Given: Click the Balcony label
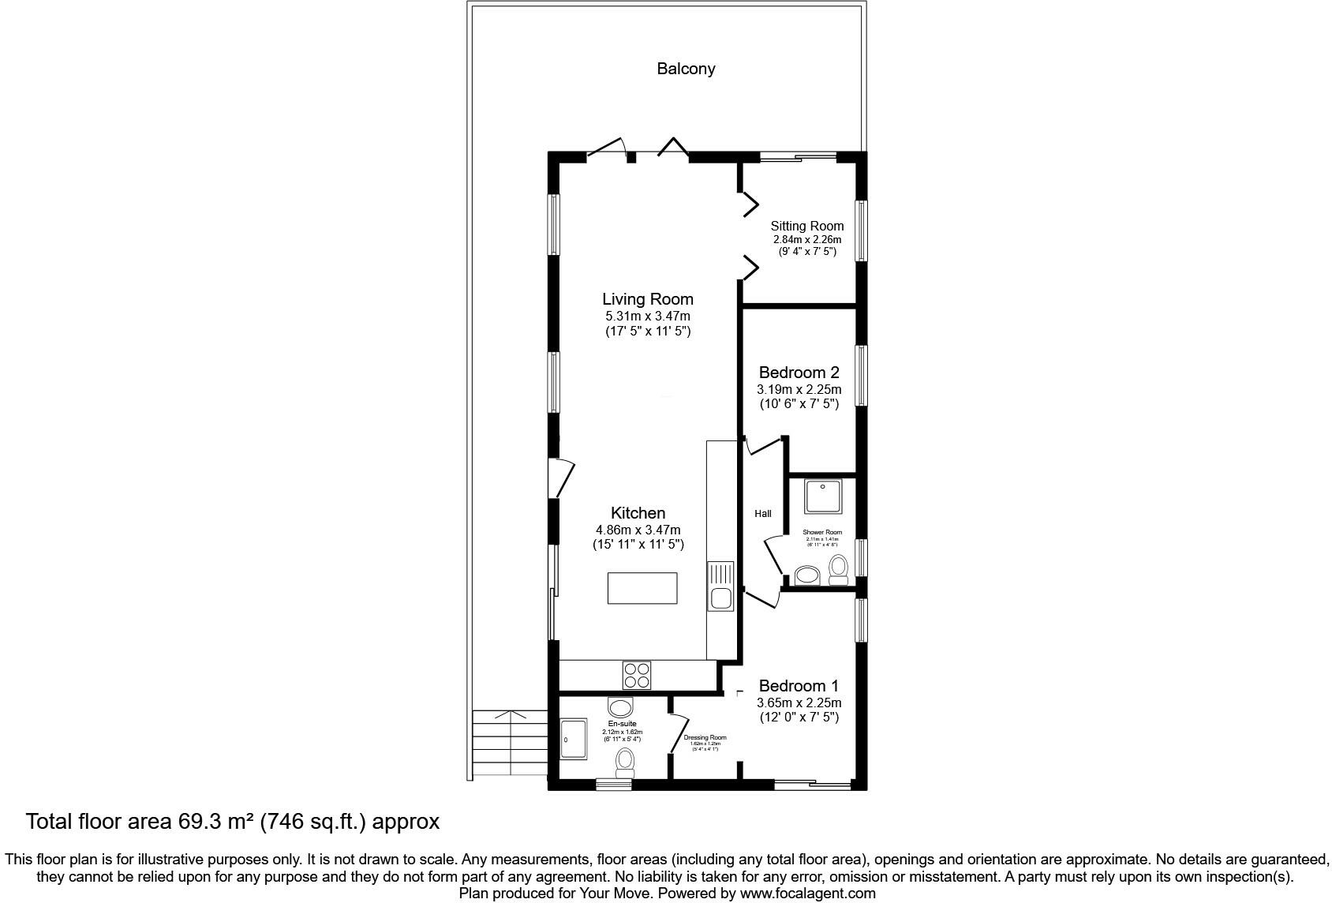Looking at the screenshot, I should click(x=686, y=69).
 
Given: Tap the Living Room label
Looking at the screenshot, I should click(x=647, y=299).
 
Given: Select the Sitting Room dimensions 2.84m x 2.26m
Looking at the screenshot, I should click(x=806, y=240).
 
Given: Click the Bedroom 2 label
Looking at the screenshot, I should click(x=799, y=373).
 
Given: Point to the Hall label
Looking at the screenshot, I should click(x=762, y=514).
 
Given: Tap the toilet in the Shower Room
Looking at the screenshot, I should click(x=838, y=569).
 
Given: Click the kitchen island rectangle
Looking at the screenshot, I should click(x=642, y=588).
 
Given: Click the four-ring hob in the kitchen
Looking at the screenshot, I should click(x=637, y=675).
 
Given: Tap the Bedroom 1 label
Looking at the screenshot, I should click(x=799, y=686).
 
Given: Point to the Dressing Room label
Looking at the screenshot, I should click(x=705, y=738).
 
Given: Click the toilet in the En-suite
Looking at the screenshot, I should click(x=625, y=762).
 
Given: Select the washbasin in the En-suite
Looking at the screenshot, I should click(x=621, y=706).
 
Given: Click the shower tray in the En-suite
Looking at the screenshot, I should click(x=573, y=739).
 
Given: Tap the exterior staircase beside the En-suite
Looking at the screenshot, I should click(x=510, y=742).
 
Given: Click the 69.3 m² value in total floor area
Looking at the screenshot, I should click(x=213, y=822).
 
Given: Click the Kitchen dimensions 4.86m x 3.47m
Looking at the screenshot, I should click(x=638, y=530).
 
